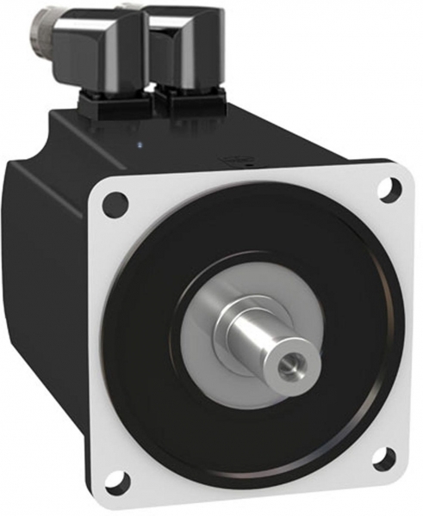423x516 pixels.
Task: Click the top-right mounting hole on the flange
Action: tap(390, 188)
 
